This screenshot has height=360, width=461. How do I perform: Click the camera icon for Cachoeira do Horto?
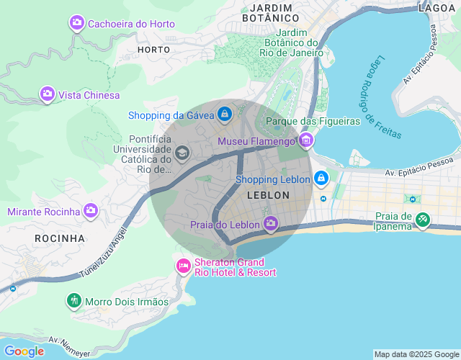click(x=77, y=24)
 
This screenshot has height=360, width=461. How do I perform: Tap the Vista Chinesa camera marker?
click(x=48, y=94)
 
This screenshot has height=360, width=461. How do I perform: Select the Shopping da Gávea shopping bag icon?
click(x=225, y=114)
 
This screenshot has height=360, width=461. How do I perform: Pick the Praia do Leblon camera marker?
click(x=271, y=224)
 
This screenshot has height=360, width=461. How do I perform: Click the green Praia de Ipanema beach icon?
click(x=423, y=220)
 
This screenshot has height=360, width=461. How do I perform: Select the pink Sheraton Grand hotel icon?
click(x=184, y=267)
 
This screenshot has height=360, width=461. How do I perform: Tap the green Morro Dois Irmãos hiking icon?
click(x=74, y=301)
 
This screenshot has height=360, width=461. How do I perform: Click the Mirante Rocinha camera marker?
click(x=91, y=211)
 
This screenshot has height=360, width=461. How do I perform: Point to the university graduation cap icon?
click(x=182, y=153)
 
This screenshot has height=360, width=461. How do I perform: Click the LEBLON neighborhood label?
click(x=268, y=195)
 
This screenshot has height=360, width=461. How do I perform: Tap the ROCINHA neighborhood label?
click(x=60, y=238)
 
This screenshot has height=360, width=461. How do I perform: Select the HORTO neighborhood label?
click(x=153, y=50)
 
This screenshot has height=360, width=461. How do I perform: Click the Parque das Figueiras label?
click(x=313, y=121)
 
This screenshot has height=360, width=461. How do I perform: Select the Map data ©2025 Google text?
click(x=416, y=354)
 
